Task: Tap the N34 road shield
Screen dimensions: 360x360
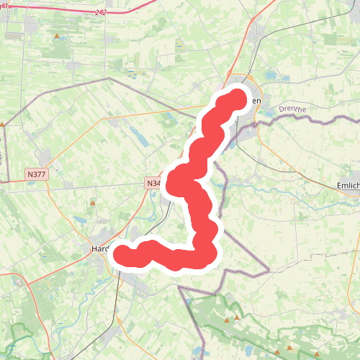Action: coord(153,184)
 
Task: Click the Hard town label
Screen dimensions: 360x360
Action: coord(99,249)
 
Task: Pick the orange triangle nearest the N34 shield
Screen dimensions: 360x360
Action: coord(93,204)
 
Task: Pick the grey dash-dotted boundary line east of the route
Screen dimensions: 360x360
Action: coord(245,271)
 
